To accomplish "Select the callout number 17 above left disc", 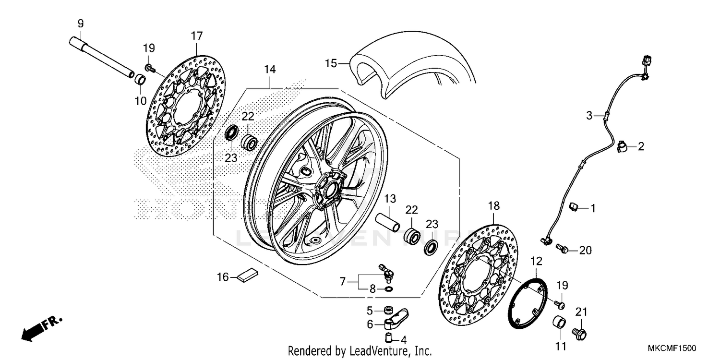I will (197, 36).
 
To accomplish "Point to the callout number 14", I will (270, 70).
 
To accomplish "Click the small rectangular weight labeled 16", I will (248, 275).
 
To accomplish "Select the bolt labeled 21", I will (581, 331).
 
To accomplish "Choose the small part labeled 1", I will (574, 207).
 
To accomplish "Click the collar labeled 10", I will (139, 79).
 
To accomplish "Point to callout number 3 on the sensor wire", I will (589, 115).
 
